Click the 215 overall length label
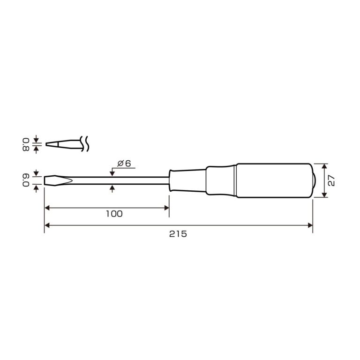(x=178, y=234)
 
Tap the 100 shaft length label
(x=114, y=214)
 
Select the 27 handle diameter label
(x=331, y=180)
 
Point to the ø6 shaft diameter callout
(x=124, y=164)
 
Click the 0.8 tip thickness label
(x=26, y=144)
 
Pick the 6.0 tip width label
(x=26, y=180)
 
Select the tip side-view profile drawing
(x=64, y=144)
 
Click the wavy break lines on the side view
(x=85, y=144)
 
